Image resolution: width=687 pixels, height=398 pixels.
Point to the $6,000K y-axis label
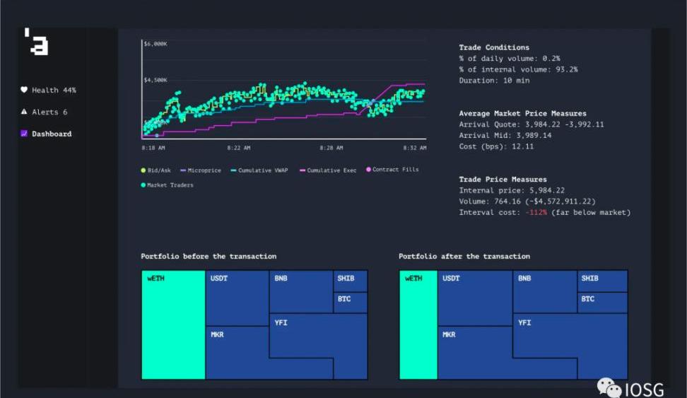[155, 44]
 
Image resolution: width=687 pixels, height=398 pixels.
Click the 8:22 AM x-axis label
[239, 148]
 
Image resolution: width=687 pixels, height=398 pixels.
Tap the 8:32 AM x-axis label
[415, 148]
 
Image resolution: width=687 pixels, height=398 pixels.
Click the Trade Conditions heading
[494, 47]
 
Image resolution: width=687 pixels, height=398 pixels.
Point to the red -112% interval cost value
[535, 213]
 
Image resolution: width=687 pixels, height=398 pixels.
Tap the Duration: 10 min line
[494, 81]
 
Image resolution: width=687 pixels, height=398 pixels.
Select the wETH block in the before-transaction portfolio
[173, 325]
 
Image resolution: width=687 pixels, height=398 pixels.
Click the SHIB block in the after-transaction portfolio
[602, 281]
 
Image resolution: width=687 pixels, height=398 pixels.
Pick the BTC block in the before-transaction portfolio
[350, 302]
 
